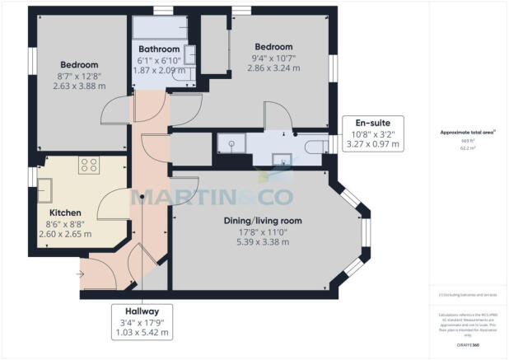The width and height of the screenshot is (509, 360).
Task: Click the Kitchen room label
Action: coord(65,212)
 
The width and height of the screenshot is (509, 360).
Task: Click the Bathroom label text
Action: coord(160,49)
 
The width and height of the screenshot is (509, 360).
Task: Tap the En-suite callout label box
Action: coord(373,133)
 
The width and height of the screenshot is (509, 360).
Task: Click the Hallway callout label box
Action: coord(144,322)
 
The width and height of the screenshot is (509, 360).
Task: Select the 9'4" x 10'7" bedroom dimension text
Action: coord(278,57)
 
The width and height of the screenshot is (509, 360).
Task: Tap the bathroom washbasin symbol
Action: coord(190,56)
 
